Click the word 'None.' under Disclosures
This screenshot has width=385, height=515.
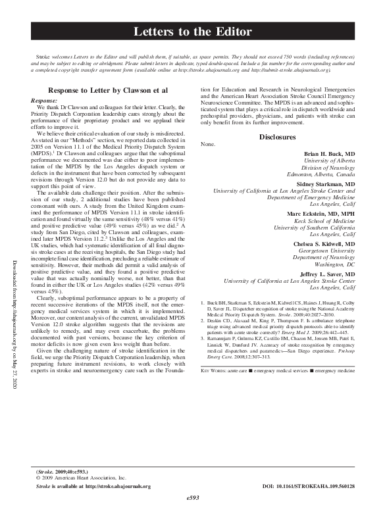click(x=207, y=143)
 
